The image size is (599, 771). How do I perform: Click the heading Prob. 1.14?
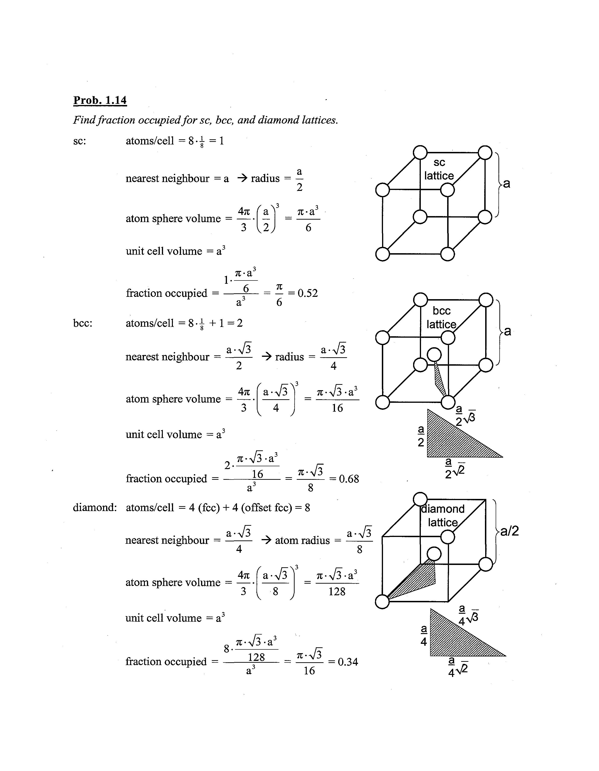coord(100,100)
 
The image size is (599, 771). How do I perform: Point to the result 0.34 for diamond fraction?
coord(348,662)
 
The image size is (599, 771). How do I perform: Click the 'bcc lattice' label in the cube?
coord(441,317)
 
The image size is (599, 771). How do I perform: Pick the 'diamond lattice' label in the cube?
coord(443,516)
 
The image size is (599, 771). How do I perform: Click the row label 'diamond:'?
coord(95,508)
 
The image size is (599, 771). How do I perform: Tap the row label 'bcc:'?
coord(83,323)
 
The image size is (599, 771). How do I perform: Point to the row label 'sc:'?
coord(79,141)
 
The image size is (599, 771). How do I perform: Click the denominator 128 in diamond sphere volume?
coord(337,591)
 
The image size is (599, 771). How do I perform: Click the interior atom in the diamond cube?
coord(434,554)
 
